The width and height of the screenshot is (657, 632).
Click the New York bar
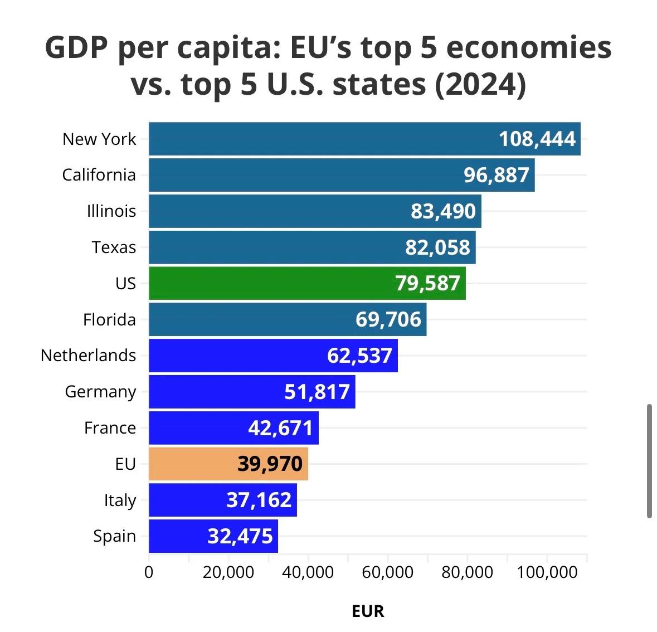pos(323,139)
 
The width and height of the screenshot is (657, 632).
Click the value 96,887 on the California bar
pos(496,175)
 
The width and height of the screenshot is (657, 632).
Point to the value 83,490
pos(443,211)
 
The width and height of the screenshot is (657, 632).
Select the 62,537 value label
pos(359,356)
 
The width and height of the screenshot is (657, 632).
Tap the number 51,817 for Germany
pos(317,392)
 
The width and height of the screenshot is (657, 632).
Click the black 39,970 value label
pos(270,464)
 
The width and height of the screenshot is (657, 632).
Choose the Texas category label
pos(114,247)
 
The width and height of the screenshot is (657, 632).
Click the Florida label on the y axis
pos(109,319)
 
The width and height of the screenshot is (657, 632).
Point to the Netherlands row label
pos(88,356)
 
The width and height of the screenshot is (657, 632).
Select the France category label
pos(110,427)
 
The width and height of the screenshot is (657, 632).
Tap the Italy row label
pos(120,500)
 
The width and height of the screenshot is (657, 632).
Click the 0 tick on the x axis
pos(149,572)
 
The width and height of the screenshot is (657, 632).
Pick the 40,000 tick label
pos(308,572)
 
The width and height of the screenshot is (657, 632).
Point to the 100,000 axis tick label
pos(547,572)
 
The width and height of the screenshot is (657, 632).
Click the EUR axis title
pos(368,611)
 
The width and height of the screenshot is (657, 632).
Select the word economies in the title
pos(528,48)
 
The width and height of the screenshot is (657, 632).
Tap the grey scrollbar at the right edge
pos(649,461)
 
